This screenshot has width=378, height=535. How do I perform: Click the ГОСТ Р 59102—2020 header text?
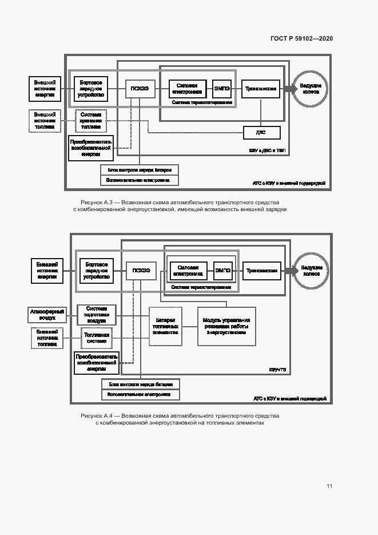301,38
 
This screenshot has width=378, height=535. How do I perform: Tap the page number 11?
329,486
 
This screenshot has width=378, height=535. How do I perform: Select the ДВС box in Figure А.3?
261,133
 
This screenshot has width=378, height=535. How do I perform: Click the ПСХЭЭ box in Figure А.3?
140,88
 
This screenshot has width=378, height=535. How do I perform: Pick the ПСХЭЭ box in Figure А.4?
141,271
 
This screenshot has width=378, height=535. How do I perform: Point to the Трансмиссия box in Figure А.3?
261,89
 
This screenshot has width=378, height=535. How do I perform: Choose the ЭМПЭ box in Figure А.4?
222,271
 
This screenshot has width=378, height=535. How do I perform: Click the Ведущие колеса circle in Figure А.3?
311,88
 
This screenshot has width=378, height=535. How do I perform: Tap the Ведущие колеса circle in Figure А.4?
311,271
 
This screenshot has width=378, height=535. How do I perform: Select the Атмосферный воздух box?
48,314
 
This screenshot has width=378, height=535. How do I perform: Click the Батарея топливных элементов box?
165,326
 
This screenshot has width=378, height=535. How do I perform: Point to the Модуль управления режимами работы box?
226,326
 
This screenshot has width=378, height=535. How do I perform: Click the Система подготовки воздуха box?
96,315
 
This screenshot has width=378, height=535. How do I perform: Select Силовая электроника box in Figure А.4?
188,271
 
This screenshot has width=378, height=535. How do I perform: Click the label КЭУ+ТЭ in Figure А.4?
277,370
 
